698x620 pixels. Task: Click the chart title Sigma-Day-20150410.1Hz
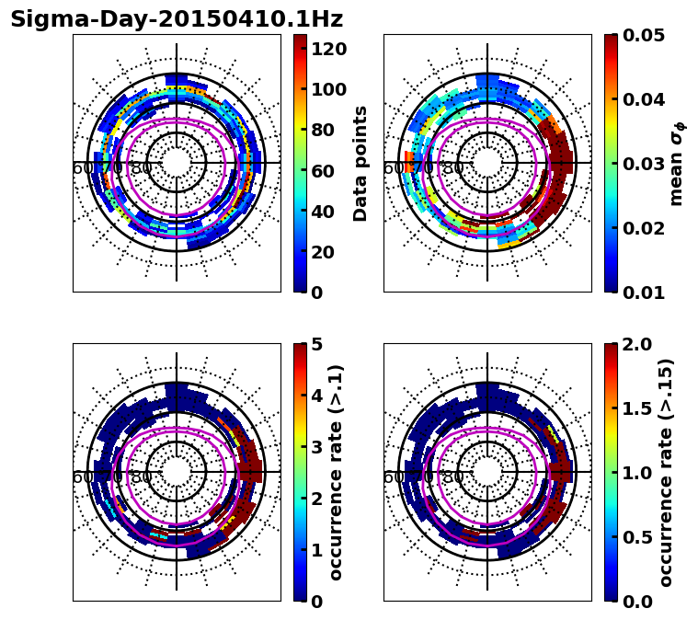tap(177, 19)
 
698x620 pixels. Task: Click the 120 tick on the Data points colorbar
tap(328, 48)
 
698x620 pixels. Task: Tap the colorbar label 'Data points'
tap(360, 164)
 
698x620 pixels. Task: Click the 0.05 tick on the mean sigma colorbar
tap(644, 35)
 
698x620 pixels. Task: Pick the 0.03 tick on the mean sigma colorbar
tap(644, 164)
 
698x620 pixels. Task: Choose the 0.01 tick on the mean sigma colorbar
tap(644, 293)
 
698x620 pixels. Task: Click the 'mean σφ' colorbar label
tap(677, 164)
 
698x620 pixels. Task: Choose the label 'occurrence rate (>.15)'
tap(666, 473)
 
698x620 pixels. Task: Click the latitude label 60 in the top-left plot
tap(82, 168)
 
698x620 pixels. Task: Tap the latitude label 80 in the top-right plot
tap(452, 168)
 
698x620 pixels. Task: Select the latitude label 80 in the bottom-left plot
tap(142, 477)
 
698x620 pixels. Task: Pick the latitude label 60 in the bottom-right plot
tap(393, 477)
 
